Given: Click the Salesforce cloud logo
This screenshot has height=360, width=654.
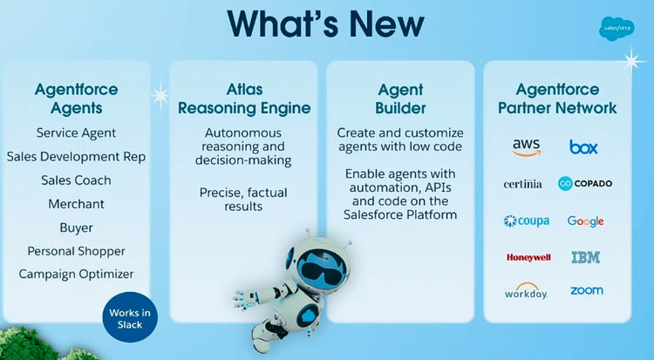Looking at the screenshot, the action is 617,29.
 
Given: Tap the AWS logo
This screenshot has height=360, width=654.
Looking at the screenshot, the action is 527,147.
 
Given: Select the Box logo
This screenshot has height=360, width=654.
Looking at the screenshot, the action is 583,146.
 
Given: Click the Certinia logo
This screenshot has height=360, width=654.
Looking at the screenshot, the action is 522,184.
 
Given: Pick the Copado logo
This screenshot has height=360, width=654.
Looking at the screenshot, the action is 585,183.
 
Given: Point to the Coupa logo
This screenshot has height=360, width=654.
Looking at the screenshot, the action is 527,221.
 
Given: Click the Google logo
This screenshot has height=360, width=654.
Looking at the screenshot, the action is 586,221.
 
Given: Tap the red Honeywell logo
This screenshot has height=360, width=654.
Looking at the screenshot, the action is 528,257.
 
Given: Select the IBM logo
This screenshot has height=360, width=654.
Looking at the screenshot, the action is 586,257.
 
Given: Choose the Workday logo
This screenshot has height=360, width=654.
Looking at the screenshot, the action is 526,291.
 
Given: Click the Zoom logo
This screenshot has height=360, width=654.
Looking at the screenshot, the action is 587,290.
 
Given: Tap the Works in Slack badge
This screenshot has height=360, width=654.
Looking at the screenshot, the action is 130,317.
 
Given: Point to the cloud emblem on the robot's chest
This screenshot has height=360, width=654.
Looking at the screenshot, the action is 309,313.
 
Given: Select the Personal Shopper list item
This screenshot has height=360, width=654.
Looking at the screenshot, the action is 77,251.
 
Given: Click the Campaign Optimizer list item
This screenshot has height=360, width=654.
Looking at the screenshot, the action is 77,274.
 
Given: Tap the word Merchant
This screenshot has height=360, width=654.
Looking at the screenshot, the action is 77,204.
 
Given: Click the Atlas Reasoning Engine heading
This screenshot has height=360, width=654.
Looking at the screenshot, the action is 244,98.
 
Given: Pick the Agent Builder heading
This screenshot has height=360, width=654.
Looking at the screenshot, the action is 400,98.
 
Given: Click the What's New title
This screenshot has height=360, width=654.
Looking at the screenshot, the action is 326,24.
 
